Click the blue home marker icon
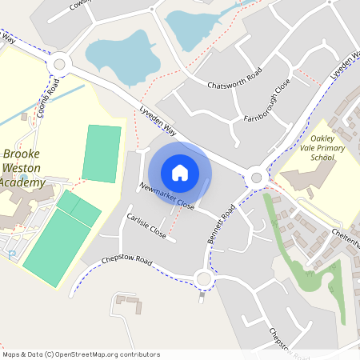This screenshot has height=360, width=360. tap(180, 172)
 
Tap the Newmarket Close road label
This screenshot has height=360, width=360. tap(166, 196)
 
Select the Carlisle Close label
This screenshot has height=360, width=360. tap(146, 226)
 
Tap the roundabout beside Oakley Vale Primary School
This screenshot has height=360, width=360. tap(256, 178)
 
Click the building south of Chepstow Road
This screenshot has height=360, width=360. tap(127, 303)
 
